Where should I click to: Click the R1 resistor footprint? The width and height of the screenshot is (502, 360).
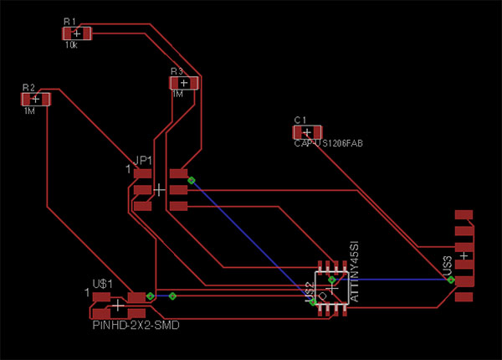(76, 33)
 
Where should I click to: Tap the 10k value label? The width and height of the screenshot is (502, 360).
(70, 45)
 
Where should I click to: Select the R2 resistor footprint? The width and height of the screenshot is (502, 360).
(35, 99)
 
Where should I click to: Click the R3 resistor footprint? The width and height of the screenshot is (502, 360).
(184, 83)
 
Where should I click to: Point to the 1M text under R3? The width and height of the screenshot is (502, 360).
(177, 95)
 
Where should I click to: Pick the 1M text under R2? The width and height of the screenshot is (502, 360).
(29, 111)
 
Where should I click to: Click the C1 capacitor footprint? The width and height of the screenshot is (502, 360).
(307, 132)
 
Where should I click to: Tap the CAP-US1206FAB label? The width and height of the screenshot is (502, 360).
(328, 143)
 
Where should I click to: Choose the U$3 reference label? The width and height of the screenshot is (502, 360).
(448, 265)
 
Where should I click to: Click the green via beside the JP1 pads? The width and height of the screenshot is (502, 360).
(191, 180)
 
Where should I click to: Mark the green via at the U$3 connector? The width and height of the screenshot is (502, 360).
(451, 280)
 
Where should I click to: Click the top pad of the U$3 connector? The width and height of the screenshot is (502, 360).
(464, 216)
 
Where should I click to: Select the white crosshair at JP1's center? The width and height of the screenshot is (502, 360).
(159, 190)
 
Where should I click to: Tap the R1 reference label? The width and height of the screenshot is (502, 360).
(69, 21)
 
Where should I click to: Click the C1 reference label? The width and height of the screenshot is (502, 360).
(300, 121)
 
